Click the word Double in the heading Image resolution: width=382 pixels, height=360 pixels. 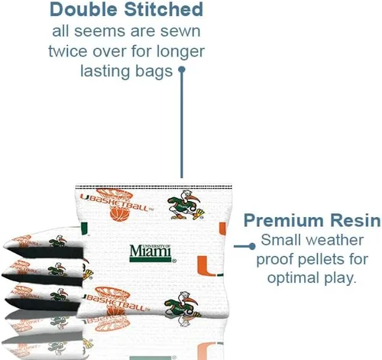[x=84, y=9]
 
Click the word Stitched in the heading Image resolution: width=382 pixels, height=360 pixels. [x=163, y=9]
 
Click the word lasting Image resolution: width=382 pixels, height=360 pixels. [x=105, y=73]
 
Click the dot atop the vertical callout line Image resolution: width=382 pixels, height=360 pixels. [x=182, y=70]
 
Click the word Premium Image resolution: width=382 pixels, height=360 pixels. [x=284, y=220]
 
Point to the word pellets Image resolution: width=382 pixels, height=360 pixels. [x=319, y=260]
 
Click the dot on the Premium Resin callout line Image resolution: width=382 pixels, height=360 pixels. [x=252, y=246]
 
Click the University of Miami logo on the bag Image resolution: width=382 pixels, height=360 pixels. [x=152, y=253]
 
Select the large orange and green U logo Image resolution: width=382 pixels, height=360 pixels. [x=209, y=266]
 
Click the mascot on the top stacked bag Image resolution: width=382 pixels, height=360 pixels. [x=58, y=241]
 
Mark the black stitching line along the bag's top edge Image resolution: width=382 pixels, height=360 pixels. [x=154, y=187]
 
